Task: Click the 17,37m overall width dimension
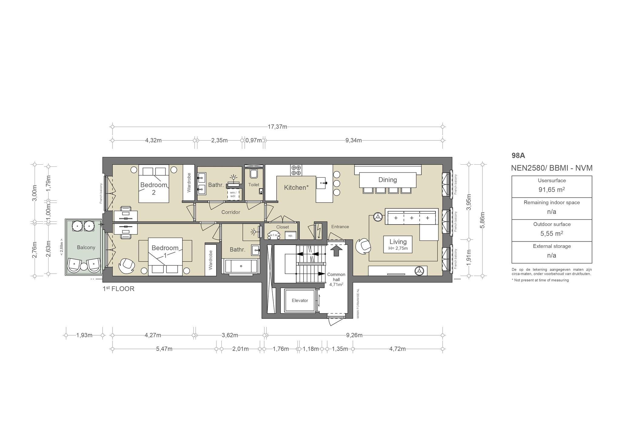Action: (x=277, y=127)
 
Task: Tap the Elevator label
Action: (x=300, y=300)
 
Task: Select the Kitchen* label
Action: (x=296, y=188)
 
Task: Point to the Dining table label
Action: (x=388, y=180)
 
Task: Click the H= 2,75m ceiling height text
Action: (x=398, y=249)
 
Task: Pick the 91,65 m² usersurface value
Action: (x=552, y=189)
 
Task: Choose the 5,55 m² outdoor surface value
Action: (x=552, y=233)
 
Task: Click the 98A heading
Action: (x=518, y=156)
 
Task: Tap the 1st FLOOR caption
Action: (x=119, y=289)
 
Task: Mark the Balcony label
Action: (x=86, y=247)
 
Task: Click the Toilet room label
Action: (x=254, y=185)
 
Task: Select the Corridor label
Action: (x=231, y=212)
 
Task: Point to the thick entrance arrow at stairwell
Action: (x=336, y=250)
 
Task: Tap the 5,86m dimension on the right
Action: (x=483, y=220)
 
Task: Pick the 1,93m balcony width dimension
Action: (x=84, y=335)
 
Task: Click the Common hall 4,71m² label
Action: (x=336, y=280)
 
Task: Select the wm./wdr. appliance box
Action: (x=233, y=194)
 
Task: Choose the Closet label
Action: (x=283, y=227)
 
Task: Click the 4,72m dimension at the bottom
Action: (x=398, y=349)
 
